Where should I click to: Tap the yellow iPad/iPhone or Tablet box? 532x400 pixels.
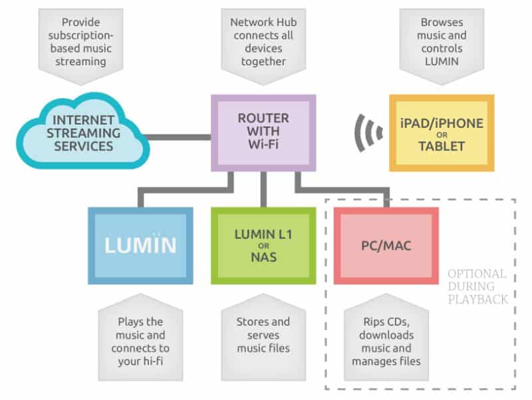pos(442,132)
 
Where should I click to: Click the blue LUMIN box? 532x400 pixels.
pos(140,246)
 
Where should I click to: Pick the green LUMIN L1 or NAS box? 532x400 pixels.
pos(263,246)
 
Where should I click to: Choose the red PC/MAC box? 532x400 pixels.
pos(386,246)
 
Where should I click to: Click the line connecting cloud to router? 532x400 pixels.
pos(178,138)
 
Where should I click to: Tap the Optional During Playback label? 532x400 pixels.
pos(477,286)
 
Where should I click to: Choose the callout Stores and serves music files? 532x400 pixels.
pos(263,336)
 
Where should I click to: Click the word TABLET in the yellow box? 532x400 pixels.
pos(442,146)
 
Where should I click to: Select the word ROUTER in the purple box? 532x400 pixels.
pos(263,118)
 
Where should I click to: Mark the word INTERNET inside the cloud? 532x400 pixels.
pos(84,120)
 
